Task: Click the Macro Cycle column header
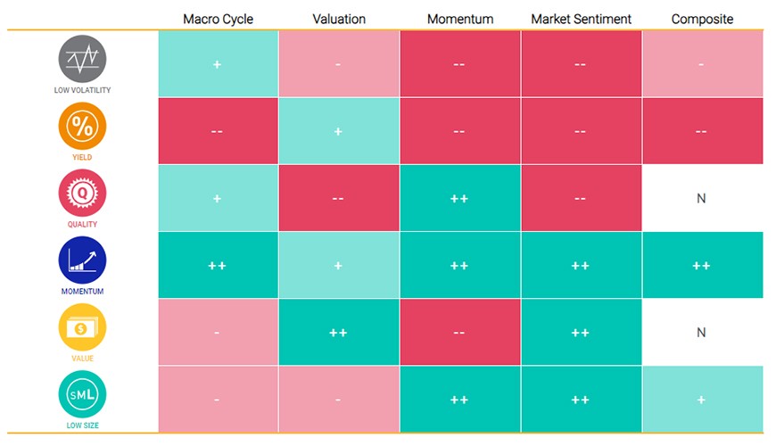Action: [x=218, y=20]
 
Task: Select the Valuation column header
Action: [x=339, y=20]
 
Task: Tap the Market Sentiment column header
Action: [x=581, y=20]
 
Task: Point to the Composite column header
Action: [x=702, y=20]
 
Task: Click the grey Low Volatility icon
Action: [x=82, y=59]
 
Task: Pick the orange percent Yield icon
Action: [x=82, y=126]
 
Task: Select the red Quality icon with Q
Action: [x=82, y=193]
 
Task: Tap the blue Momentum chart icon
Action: [x=82, y=260]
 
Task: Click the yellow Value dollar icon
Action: [x=82, y=326]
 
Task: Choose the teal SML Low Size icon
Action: [x=82, y=394]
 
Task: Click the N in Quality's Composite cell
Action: [x=701, y=199]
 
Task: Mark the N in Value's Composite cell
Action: [x=701, y=333]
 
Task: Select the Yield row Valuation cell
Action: [x=339, y=131]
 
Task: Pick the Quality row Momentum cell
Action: [x=460, y=198]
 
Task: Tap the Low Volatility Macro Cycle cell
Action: [x=219, y=64]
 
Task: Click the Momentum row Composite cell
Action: [x=703, y=265]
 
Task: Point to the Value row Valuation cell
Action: [x=339, y=332]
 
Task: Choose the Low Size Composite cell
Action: [x=703, y=399]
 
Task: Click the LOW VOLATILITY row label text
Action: [x=82, y=90]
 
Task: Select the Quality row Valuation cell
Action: [x=339, y=198]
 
